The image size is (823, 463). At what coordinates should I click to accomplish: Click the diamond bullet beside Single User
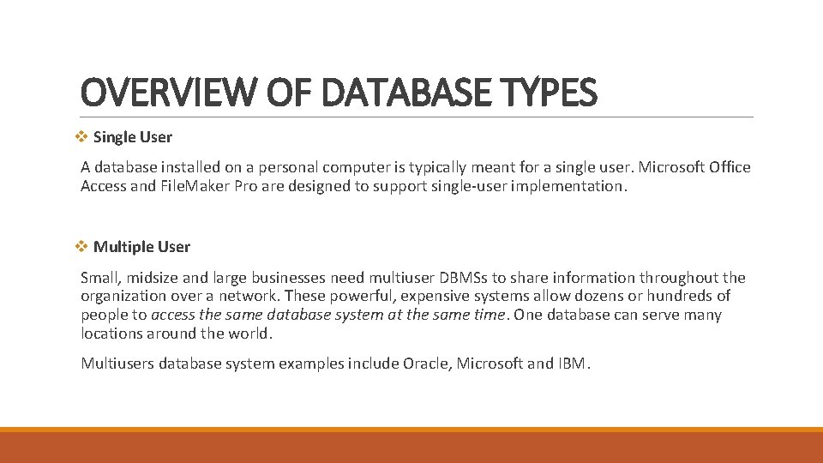point(82,136)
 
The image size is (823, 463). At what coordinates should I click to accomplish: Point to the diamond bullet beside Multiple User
point(82,246)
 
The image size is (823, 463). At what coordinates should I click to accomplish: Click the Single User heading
point(132,137)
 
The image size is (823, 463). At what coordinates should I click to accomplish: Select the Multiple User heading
point(141,247)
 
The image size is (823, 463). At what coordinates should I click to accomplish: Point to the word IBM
point(572,364)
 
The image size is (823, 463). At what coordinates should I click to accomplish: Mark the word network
point(246,297)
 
